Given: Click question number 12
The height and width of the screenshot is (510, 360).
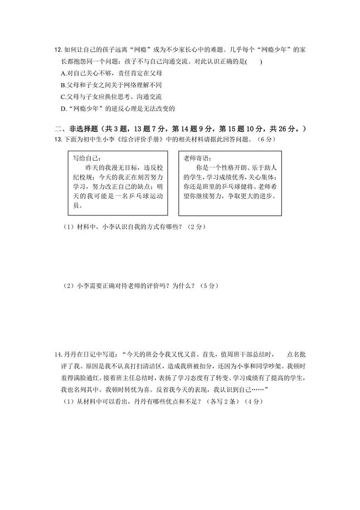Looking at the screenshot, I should (x=57, y=49).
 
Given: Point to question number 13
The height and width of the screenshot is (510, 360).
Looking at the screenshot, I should (x=57, y=139).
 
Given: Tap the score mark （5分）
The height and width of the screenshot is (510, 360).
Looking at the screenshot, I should (x=210, y=286).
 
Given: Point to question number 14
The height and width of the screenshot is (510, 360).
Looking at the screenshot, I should (x=57, y=354).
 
